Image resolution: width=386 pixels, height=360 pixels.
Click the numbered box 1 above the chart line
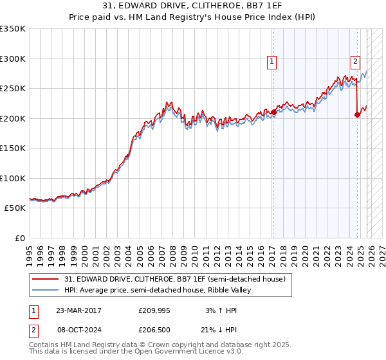(272, 62)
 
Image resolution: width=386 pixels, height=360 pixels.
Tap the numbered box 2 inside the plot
(355, 62)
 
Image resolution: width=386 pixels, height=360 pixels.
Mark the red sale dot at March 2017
(273, 112)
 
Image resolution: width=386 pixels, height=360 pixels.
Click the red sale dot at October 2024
(357, 114)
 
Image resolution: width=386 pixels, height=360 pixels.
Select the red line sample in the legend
(46, 279)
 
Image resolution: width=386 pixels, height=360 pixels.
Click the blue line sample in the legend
(46, 290)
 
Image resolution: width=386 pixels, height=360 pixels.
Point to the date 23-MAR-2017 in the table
(78, 310)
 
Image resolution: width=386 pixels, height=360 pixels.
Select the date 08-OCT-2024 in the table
(78, 328)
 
